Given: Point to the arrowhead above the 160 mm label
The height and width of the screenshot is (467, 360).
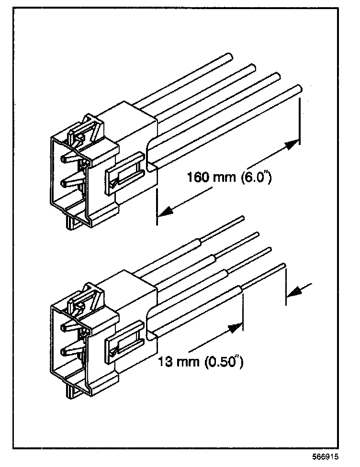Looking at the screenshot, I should (290, 145).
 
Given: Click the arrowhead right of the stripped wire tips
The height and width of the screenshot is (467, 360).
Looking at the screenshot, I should (296, 290).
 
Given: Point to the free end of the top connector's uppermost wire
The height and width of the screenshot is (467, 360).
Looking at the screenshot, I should (228, 57).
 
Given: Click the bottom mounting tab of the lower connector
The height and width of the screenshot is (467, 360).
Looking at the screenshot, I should (72, 392).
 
